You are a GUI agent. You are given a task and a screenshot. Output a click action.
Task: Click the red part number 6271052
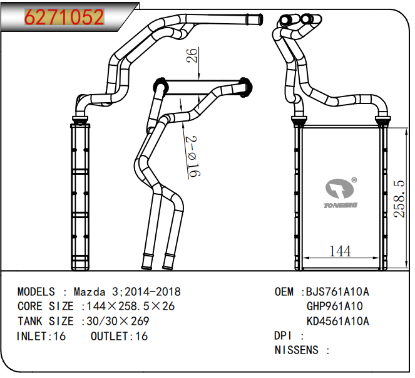(64, 17)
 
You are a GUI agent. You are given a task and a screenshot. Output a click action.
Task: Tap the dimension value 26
(193, 58)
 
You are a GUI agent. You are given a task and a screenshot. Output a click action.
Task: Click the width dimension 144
(339, 251)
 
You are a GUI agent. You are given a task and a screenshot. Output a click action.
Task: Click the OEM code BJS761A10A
(338, 292)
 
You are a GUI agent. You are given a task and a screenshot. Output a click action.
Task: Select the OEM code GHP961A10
(334, 307)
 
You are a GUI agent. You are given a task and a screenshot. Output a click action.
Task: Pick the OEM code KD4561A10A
(338, 322)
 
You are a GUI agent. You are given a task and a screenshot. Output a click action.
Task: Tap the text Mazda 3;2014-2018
(127, 292)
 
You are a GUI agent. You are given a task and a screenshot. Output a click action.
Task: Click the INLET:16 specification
(41, 337)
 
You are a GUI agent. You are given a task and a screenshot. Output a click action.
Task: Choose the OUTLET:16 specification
(119, 337)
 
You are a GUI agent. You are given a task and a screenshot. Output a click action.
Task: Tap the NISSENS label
(297, 350)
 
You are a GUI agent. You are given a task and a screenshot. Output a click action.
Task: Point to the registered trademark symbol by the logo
(354, 181)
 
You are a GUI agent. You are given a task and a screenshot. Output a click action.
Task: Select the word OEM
(285, 292)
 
